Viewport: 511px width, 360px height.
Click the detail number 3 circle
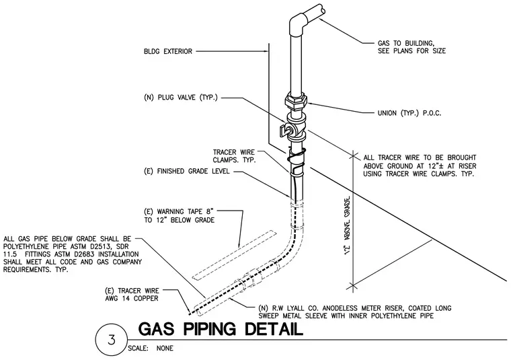point(112,340)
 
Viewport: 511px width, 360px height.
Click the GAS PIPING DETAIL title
point(221,329)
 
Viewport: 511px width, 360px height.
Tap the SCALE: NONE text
point(151,349)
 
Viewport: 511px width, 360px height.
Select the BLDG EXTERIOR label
point(168,52)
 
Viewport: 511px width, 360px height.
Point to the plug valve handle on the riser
point(284,131)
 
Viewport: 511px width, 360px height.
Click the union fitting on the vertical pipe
point(297,101)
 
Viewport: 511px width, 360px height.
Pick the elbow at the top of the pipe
point(298,21)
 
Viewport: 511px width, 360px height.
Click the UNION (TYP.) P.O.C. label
point(409,114)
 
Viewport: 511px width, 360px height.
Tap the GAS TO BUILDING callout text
point(411,47)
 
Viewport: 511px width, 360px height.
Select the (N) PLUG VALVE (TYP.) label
point(181,98)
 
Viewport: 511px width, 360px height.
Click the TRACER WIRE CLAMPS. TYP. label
point(234,156)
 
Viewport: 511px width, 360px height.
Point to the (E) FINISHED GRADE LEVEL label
point(187,171)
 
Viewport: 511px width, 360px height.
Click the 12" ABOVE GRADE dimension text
point(348,225)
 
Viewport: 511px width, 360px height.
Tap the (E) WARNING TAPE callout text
point(180,216)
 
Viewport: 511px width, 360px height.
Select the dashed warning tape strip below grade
point(234,255)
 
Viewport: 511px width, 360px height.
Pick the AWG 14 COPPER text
point(132,298)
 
